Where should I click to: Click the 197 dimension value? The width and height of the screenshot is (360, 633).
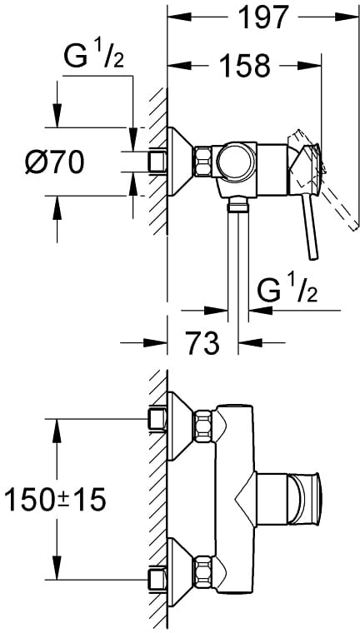[x=264, y=17]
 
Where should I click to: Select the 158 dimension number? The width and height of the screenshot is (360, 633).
[x=246, y=65]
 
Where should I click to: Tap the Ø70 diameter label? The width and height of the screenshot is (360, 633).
[x=54, y=162]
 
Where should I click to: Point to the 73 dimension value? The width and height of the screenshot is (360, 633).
[x=202, y=343]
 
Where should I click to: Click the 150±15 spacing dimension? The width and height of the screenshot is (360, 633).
[x=54, y=499]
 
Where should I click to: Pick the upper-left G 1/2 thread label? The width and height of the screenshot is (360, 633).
[x=93, y=57]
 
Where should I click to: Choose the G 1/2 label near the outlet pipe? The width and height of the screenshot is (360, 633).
[x=287, y=291]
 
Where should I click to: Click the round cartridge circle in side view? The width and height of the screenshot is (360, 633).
[x=237, y=162]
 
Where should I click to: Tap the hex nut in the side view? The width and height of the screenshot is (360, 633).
[x=202, y=162]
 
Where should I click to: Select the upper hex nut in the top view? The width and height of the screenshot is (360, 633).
[x=203, y=426]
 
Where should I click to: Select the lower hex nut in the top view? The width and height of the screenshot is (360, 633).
[x=203, y=571]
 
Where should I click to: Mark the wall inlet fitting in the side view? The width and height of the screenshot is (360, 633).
[x=158, y=162]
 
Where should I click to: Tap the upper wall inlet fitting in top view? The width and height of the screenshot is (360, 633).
[x=158, y=419]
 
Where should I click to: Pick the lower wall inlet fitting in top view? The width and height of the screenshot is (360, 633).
[x=158, y=580]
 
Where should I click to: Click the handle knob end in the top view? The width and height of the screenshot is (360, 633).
[x=304, y=499]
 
